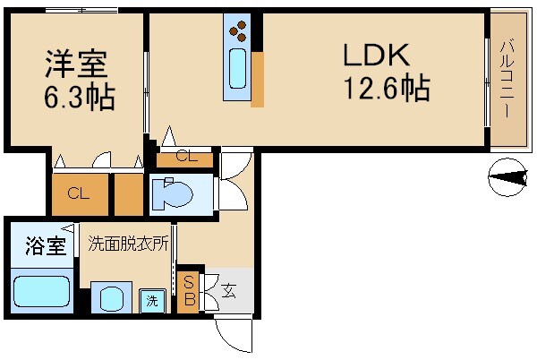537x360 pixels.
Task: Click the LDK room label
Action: (x=377, y=55)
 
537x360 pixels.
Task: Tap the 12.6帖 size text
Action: (x=386, y=89)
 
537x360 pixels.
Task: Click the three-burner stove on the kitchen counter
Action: (x=239, y=33)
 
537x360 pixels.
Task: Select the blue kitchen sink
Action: (x=239, y=70)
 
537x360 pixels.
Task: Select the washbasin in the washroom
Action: (x=112, y=298)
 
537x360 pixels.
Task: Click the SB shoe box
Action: (x=189, y=290)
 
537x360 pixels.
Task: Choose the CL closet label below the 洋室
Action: (x=78, y=193)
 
